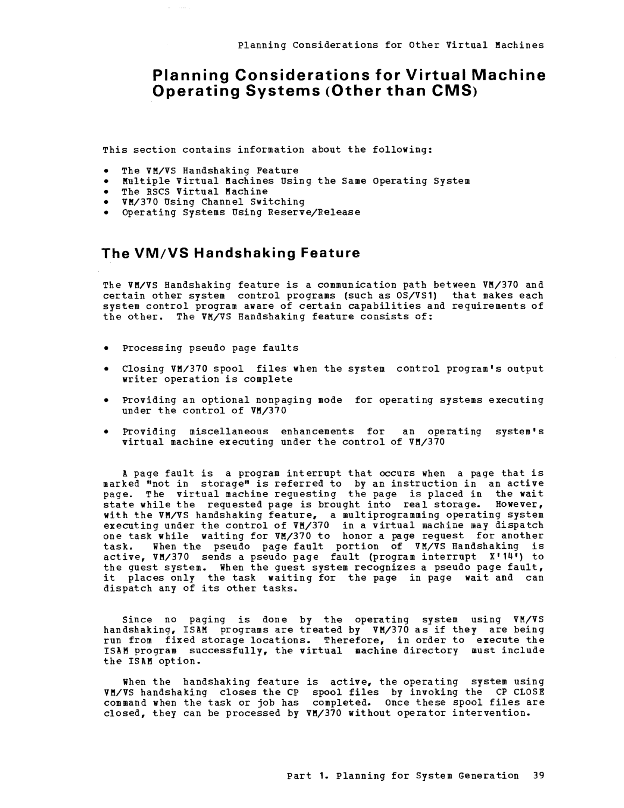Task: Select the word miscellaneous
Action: [x=229, y=432]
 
